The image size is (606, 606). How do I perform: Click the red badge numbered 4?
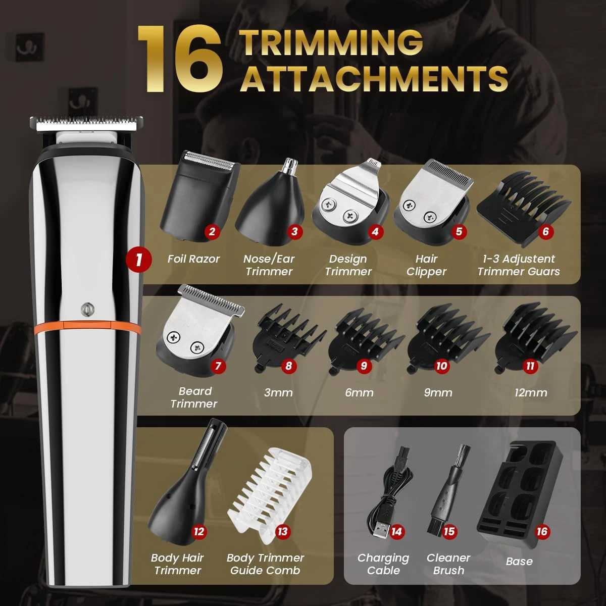[375, 232]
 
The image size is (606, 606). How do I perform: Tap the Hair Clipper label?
[426, 265]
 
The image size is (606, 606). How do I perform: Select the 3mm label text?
[278, 392]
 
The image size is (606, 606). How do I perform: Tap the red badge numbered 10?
[442, 366]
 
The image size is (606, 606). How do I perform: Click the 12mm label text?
[531, 392]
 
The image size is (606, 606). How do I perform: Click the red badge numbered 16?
[542, 531]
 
